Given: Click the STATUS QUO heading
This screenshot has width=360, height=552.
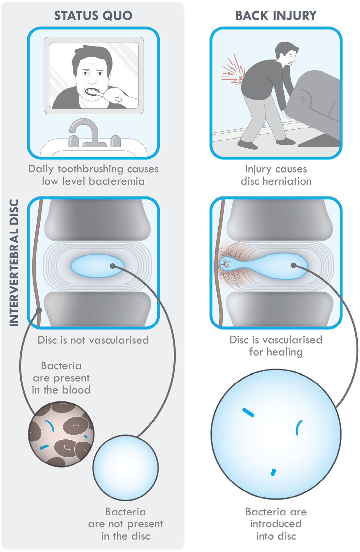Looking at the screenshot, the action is pyautogui.click(x=93, y=15).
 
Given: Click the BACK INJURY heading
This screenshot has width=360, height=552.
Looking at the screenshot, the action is pyautogui.click(x=276, y=15).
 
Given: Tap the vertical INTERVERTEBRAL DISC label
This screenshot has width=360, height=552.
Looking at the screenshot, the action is pyautogui.click(x=14, y=263).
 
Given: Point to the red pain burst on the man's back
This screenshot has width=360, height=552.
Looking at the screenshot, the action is pyautogui.click(x=233, y=70).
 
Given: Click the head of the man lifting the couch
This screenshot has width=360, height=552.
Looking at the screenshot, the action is pyautogui.click(x=287, y=53).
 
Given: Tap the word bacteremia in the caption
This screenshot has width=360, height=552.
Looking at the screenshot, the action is pyautogui.click(x=117, y=181).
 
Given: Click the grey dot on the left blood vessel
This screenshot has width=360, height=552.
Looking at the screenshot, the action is pyautogui.click(x=39, y=310).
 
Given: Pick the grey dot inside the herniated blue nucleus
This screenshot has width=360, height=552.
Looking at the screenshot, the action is pyautogui.click(x=293, y=266).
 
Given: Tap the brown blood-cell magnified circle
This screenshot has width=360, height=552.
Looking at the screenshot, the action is pyautogui.click(x=61, y=434).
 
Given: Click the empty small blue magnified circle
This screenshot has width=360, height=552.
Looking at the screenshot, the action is pyautogui.click(x=126, y=468).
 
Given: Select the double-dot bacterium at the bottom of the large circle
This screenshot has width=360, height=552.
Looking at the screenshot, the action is pyautogui.click(x=273, y=472).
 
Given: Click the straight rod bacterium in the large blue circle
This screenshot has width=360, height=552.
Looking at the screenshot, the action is pyautogui.click(x=248, y=413).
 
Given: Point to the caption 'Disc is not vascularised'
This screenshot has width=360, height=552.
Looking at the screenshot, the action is pyautogui.click(x=93, y=340).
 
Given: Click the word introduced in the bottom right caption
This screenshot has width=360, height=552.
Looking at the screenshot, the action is pyautogui.click(x=276, y=524).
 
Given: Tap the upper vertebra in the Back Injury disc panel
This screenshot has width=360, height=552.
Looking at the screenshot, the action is pyautogui.click(x=280, y=220).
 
